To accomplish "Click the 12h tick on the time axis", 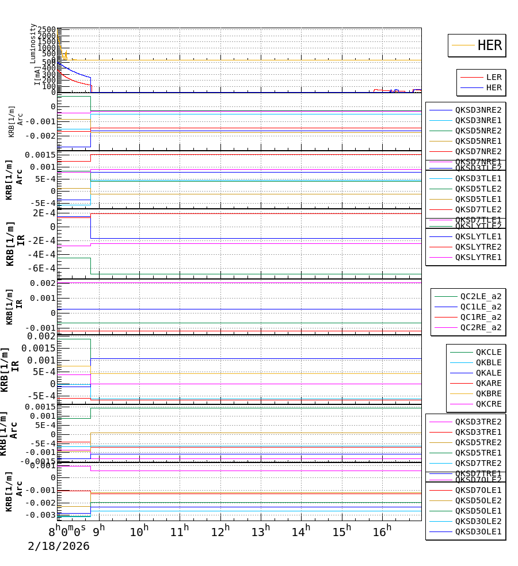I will tap(221, 529).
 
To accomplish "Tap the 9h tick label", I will tap(99, 529).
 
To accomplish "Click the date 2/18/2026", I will tap(59, 546).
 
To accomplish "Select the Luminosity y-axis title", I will tap(33, 43).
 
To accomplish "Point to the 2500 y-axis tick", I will tap(47, 30).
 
